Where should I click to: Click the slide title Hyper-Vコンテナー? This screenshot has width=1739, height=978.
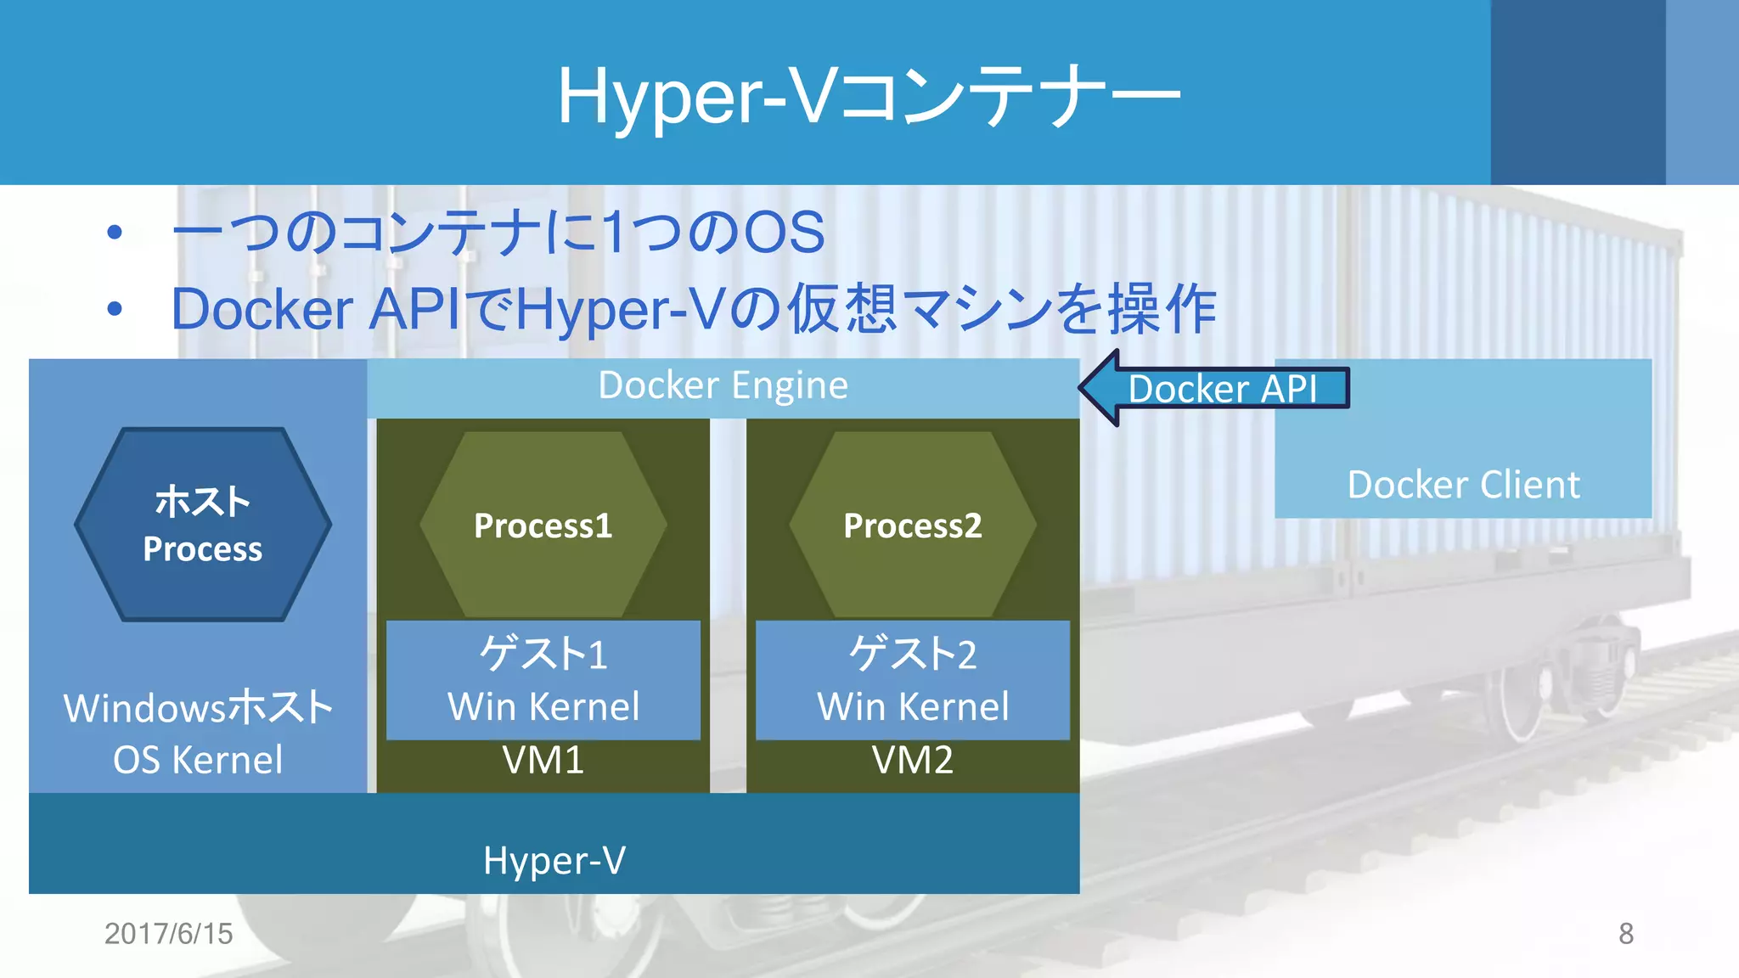[x=868, y=97]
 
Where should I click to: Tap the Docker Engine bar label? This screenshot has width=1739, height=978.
[x=723, y=386]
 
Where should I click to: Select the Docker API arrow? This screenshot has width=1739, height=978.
[x=1214, y=389]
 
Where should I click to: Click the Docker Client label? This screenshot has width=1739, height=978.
[x=1463, y=485]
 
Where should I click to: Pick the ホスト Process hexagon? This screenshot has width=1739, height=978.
[x=203, y=525]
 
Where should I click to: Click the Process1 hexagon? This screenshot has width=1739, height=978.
[x=543, y=526]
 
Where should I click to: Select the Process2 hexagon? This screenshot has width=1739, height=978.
[x=913, y=526]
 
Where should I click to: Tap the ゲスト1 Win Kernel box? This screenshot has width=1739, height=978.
[x=543, y=680]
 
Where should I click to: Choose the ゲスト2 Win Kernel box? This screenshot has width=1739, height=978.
[x=913, y=680]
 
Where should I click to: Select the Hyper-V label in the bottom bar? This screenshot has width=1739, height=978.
[x=554, y=861]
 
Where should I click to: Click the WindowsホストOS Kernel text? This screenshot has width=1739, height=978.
[x=198, y=733]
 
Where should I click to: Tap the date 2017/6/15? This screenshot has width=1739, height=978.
[x=168, y=934]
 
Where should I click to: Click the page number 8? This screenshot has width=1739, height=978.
[x=1625, y=934]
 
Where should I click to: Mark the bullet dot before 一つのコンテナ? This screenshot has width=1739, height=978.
[x=115, y=232]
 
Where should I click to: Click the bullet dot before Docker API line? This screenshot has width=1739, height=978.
[x=115, y=309]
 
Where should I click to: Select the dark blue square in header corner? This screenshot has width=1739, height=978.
[x=1578, y=92]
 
